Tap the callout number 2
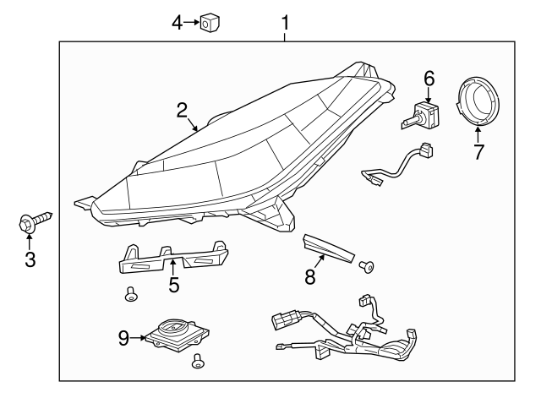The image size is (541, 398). pyautogui.click(x=181, y=109)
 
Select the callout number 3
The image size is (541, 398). pyautogui.click(x=30, y=259)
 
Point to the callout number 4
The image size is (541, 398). pyautogui.click(x=178, y=23)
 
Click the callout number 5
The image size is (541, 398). pyautogui.click(x=174, y=285)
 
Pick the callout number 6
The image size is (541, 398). pyautogui.click(x=429, y=79)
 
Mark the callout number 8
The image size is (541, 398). pyautogui.click(x=310, y=276)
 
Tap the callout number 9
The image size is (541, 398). pyautogui.click(x=123, y=339)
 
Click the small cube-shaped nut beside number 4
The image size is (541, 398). pyautogui.click(x=210, y=23)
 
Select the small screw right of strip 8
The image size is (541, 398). pyautogui.click(x=367, y=267)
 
